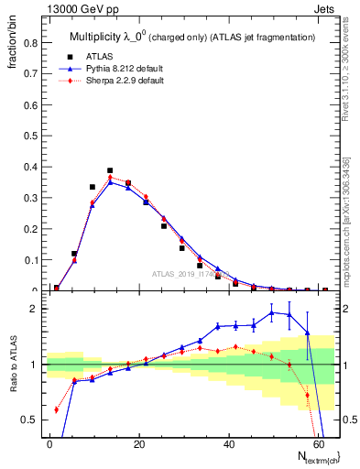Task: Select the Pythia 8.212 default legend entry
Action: (x=112, y=68)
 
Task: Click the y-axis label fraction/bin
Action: (x=16, y=47)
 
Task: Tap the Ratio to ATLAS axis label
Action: (x=16, y=366)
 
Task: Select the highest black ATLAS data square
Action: (x=110, y=170)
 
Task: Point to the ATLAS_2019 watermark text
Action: (x=188, y=273)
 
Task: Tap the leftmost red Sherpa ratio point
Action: (x=57, y=409)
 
